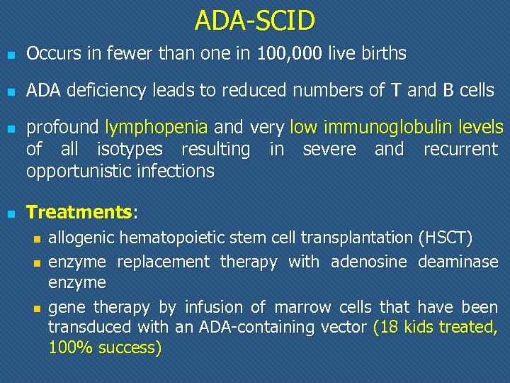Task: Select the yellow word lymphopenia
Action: point(156,128)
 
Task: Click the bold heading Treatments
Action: point(79,212)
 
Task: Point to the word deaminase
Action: point(458,262)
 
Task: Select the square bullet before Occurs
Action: point(9,54)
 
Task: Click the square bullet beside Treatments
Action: point(9,213)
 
